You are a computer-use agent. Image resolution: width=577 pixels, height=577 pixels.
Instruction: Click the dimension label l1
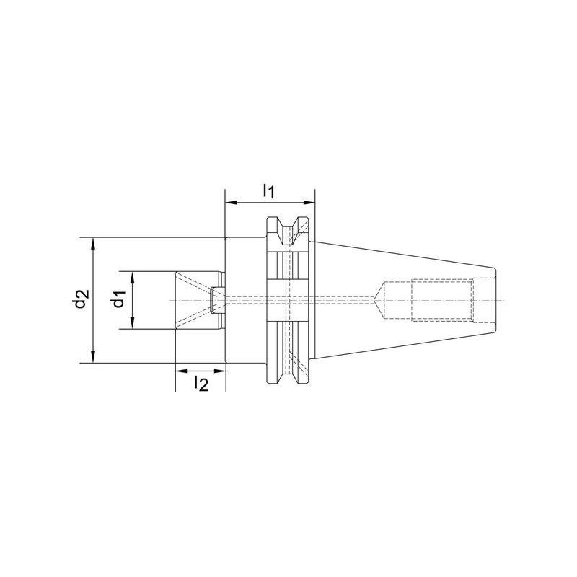[x=268, y=191]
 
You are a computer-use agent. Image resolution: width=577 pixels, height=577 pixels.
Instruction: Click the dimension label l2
[x=201, y=384]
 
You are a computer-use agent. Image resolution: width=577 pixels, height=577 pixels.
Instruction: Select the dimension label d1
[x=118, y=299]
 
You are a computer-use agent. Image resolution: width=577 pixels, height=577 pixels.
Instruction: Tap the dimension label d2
[x=80, y=299]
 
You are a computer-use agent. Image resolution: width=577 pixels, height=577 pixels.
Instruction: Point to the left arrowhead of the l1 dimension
[x=230, y=203]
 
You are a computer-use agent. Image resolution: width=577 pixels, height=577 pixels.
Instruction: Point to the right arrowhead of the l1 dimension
[x=310, y=203]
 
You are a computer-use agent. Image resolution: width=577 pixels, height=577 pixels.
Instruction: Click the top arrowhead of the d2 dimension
[x=94, y=243]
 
